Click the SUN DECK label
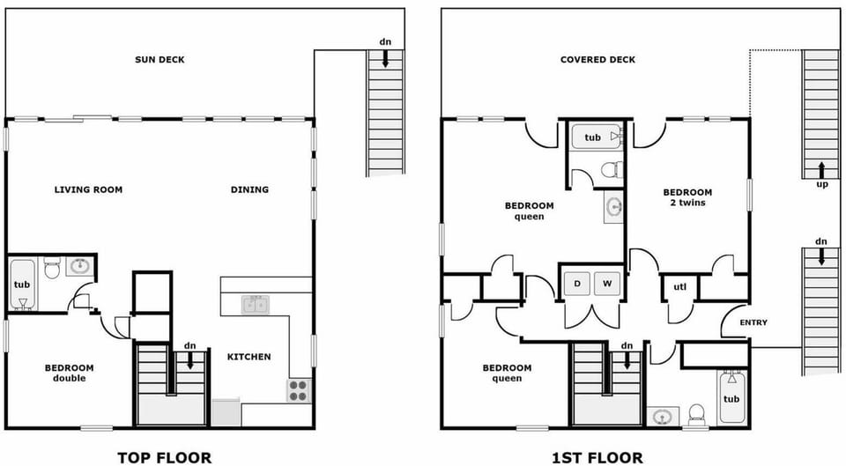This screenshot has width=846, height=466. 160,60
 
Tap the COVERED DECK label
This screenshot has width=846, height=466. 597,60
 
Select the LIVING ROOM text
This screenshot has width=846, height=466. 88,189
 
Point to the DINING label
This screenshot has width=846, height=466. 249,189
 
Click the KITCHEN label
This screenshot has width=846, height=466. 249,357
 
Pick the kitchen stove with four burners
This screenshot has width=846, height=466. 298,389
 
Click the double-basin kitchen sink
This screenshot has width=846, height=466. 256,305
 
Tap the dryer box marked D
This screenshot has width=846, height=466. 576,284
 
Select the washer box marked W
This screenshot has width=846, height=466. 607,284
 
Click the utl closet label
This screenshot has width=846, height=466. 679,287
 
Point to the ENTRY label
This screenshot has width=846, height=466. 753,322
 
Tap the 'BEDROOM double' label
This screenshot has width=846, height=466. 69,373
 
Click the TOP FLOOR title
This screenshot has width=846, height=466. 164,456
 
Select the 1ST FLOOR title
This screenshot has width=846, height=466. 597,456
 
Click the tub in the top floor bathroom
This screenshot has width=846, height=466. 22,285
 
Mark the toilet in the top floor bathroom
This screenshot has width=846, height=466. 52,267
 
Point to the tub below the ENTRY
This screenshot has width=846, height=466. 732,399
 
